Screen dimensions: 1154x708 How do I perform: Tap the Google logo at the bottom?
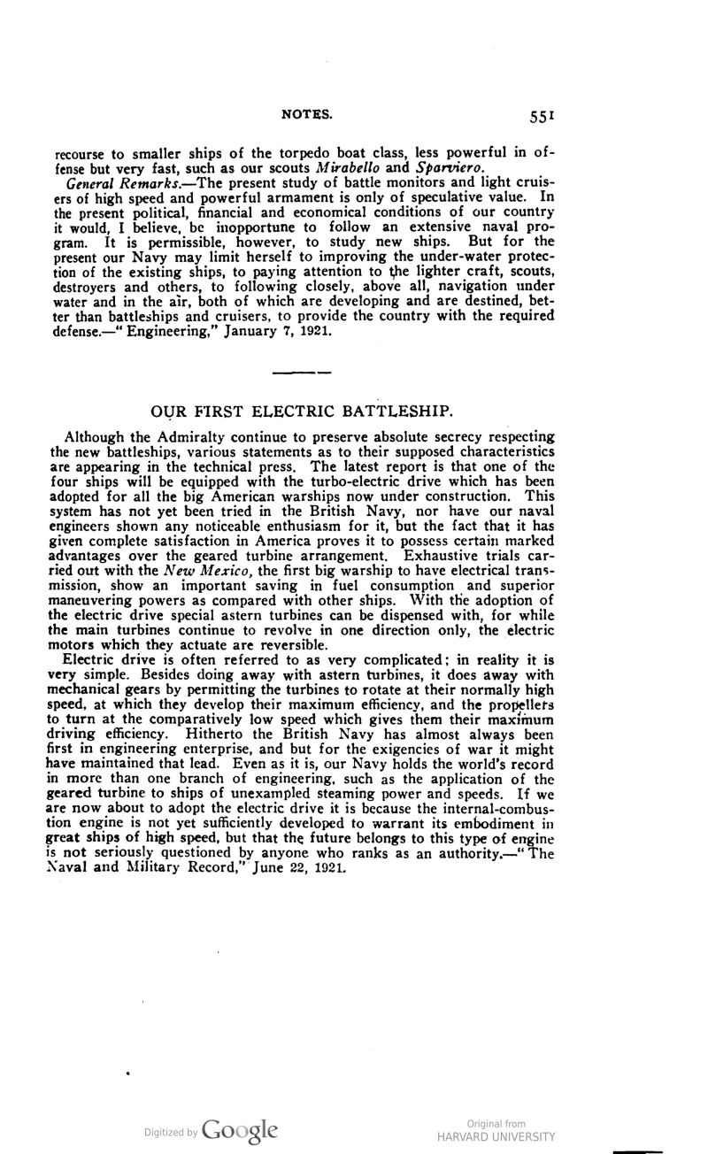coord(241,1131)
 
